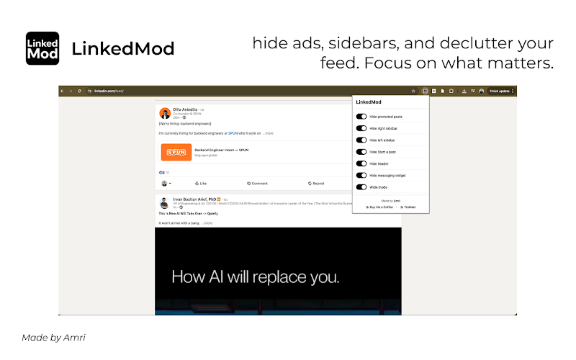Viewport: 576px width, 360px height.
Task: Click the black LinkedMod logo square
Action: tap(42, 48)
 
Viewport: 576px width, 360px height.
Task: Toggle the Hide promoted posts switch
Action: tap(361, 116)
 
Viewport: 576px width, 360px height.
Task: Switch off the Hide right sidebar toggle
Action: tap(361, 127)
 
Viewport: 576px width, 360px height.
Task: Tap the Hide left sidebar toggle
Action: tap(361, 140)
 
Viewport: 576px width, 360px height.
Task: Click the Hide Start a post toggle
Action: tap(361, 152)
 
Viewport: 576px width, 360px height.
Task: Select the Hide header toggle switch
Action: tap(361, 163)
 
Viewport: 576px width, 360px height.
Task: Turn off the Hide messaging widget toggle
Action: tap(361, 175)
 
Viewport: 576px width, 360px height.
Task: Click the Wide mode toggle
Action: tap(361, 187)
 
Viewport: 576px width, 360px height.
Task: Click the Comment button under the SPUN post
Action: tap(257, 184)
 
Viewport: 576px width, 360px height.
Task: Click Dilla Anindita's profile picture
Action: tap(165, 113)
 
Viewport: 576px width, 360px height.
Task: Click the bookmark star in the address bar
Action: tap(413, 91)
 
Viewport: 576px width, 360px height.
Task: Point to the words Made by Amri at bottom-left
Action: tap(53, 337)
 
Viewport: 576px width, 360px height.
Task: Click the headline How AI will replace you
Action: tap(255, 276)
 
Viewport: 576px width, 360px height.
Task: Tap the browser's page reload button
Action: tap(79, 91)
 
